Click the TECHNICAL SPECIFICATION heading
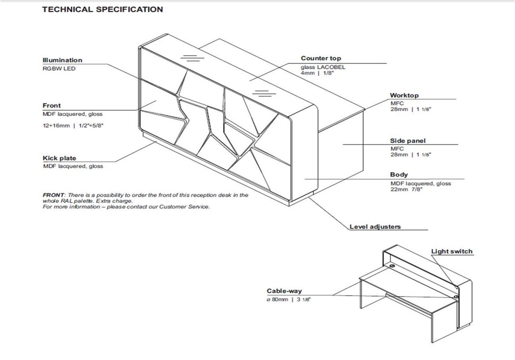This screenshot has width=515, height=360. pos(103,9)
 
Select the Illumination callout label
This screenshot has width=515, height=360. pos(62,60)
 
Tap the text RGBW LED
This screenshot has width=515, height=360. pos(59,68)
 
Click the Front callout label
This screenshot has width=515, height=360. pos(51,106)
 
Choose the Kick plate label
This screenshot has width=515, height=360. pos(59,158)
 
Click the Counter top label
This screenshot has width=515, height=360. pos(321,58)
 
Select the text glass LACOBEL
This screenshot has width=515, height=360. pos(323,67)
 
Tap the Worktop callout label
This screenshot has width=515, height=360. pos(404,95)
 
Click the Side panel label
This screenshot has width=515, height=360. pos(408,141)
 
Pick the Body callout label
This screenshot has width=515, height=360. pos(399,175)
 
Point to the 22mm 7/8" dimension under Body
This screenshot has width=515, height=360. pos(406,189)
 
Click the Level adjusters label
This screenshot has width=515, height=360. pos(375,227)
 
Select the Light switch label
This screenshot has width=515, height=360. pos(452,252)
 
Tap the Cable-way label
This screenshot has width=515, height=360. pos(284,291)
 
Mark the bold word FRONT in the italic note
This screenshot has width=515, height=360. pos(54,195)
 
